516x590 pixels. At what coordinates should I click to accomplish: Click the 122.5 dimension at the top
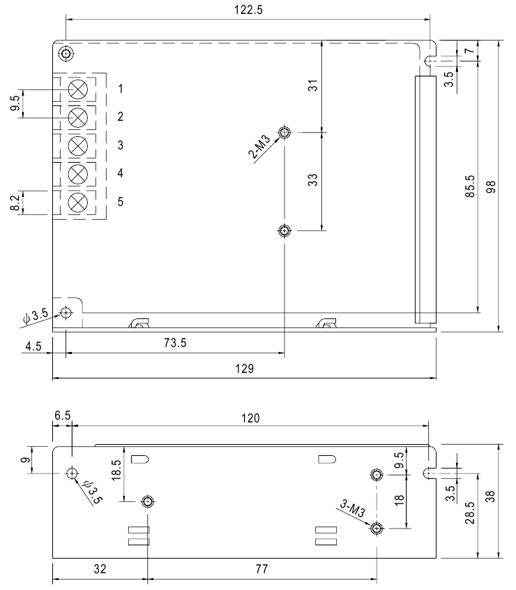point(248,10)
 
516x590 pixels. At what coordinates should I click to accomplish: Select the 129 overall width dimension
point(245,369)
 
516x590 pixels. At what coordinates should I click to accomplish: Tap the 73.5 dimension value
point(175,343)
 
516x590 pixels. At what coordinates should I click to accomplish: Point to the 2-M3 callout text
point(259,147)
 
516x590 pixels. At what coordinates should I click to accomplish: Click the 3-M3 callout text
point(353,508)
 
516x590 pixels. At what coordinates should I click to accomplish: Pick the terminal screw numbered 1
point(78,89)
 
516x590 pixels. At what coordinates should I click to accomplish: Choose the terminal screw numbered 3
point(78,146)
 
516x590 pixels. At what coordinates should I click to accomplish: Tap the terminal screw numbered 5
point(78,202)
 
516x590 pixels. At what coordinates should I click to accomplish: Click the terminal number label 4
point(120,173)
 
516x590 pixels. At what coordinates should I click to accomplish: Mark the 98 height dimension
point(491,186)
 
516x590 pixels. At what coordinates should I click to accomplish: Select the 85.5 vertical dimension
point(470,186)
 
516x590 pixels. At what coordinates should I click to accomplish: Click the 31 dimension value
point(312,85)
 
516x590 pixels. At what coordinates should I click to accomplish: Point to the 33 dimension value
point(312,180)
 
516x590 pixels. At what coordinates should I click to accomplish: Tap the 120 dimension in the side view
point(250,418)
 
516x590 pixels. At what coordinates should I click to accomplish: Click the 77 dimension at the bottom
point(261,568)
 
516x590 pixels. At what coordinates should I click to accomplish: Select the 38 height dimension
point(490,496)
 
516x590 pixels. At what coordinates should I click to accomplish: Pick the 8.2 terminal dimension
point(15,203)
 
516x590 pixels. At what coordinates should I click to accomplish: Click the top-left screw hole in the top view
point(66,54)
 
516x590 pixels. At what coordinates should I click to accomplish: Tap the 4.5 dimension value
point(33,346)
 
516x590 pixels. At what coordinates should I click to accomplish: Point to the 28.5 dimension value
point(470,512)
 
